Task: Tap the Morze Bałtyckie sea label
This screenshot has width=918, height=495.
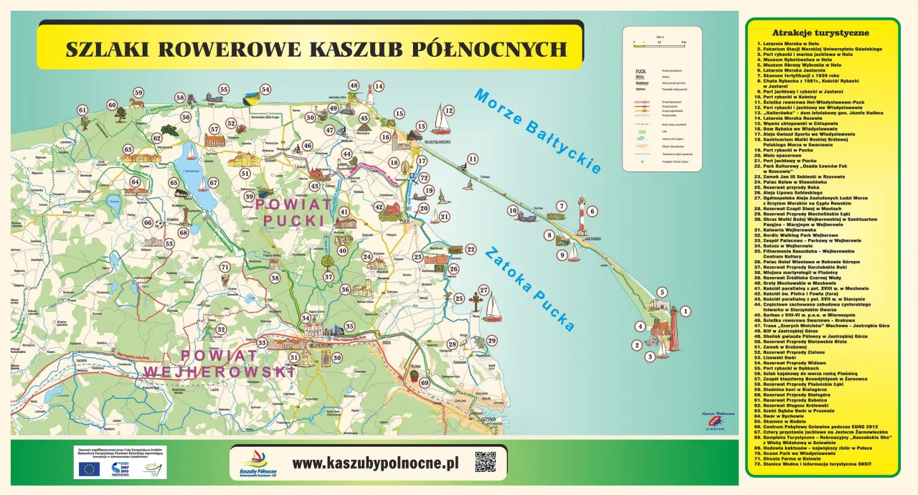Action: coord(537,131)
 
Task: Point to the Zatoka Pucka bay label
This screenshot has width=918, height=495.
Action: coord(529,289)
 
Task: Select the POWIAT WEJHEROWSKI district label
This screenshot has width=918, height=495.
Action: coord(219,364)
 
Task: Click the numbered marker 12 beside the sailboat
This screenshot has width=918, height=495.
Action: coord(448,110)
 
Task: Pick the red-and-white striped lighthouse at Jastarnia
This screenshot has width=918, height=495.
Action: coord(581,215)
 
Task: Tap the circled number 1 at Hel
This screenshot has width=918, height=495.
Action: coord(685,311)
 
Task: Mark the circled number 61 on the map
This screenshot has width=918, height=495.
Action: coord(82,110)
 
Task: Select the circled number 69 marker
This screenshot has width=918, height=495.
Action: coord(425,383)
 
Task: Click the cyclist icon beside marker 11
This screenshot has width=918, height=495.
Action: coord(463,167)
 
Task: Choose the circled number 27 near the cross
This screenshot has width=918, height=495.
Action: coord(483,291)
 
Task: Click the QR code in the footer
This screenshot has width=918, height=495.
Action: coord(486,462)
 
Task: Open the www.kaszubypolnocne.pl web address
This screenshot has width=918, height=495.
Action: coord(374,463)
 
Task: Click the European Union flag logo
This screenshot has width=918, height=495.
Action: coord(90,469)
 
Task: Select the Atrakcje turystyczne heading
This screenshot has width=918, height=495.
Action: coord(820,33)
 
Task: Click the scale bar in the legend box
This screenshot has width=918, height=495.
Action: coord(660,43)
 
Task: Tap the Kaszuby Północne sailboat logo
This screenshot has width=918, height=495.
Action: coord(257,462)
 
